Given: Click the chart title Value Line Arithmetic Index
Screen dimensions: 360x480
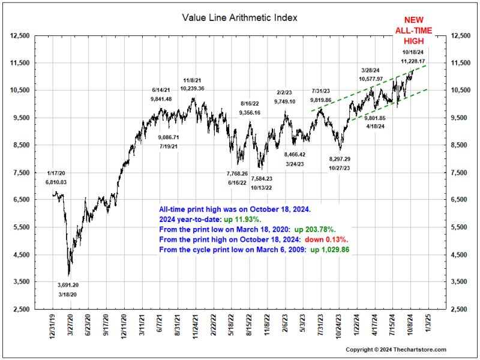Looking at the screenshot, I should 239,17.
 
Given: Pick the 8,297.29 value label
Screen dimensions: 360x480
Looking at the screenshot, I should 340,159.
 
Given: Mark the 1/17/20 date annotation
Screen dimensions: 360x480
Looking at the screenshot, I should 57,172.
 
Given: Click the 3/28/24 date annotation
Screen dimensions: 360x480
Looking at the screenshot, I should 371,70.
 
